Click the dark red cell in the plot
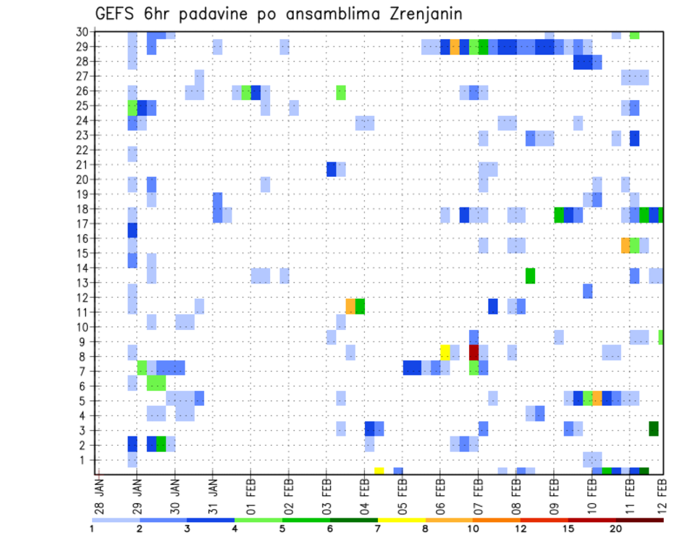(x=473, y=352)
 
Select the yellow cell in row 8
(x=445, y=352)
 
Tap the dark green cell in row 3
(x=654, y=428)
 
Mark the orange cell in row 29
(x=455, y=46)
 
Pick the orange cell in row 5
(x=597, y=398)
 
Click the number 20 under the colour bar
(x=615, y=528)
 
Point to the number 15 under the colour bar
(x=568, y=528)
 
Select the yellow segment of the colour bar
(x=402, y=519)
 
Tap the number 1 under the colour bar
(x=92, y=528)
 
